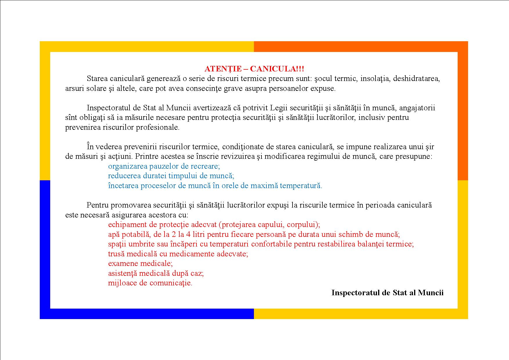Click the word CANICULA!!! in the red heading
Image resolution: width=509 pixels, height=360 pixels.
[x=277, y=69]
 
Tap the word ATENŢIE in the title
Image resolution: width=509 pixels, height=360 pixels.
[x=223, y=69]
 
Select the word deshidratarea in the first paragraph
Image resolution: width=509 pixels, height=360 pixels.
[x=416, y=79]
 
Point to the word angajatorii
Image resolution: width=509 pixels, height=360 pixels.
[x=417, y=108]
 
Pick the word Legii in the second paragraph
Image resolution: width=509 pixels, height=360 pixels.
[x=278, y=108]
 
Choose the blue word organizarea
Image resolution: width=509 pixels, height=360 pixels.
[x=128, y=166]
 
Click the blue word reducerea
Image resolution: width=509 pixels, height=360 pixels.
[x=123, y=176]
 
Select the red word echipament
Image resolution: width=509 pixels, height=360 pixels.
[x=126, y=225]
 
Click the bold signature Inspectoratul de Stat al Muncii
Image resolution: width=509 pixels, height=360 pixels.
[x=387, y=293]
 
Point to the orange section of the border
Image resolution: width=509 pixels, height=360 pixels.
[x=463, y=110]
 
